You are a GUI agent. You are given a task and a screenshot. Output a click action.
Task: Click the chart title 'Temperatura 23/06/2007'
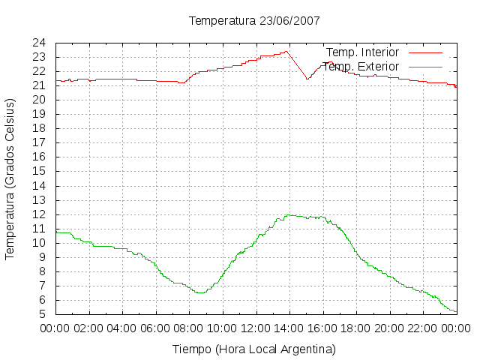254,21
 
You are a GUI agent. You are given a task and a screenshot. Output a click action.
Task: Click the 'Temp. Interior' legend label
363,52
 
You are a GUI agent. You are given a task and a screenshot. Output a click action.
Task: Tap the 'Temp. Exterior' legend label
361,67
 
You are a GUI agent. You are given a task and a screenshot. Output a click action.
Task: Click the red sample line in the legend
425,52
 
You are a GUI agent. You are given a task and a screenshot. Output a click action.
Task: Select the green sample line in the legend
425,67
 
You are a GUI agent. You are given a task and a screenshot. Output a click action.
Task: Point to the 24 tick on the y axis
39,43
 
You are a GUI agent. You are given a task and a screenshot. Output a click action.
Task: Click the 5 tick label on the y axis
42,314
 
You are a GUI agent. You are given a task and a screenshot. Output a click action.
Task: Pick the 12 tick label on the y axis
39,214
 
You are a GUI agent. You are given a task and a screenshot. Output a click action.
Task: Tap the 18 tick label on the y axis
39,128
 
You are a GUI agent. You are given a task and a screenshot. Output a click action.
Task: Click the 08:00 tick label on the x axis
189,328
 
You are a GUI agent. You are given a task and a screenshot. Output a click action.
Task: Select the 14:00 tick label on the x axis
289,328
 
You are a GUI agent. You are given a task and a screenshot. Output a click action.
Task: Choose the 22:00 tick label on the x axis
423,328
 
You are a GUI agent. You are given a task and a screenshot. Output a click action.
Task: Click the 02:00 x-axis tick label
88,328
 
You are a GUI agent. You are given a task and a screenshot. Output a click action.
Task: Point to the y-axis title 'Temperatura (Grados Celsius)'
10,179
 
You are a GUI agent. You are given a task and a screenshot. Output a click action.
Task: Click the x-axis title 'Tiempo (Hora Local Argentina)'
254,349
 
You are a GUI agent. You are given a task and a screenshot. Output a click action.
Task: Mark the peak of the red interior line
286,52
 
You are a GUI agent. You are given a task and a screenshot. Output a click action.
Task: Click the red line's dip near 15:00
307,79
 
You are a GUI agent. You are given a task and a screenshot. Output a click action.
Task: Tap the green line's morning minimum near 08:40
200,293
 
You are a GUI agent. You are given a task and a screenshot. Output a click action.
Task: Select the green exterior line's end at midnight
457,312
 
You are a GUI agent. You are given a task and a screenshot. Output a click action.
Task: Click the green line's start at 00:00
56,232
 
